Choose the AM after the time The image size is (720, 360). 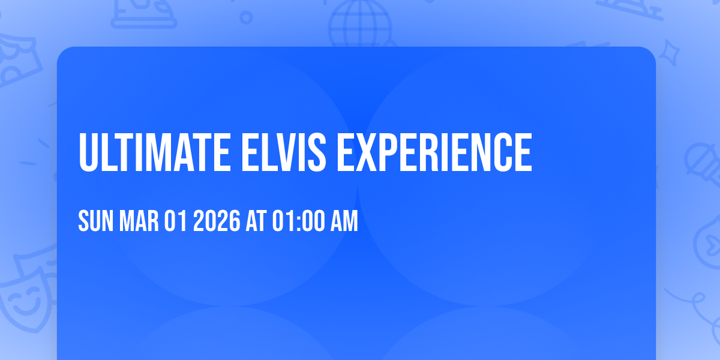point(345,222)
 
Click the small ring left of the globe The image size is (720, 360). point(245,17)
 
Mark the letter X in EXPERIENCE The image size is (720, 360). point(368,153)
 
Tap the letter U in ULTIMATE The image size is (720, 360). point(89,153)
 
